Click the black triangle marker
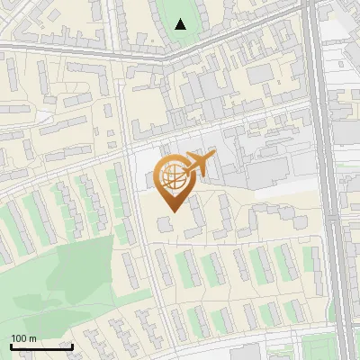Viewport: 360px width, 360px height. pyautogui.click(x=181, y=24)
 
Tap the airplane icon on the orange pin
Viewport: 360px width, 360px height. pyautogui.click(x=198, y=164)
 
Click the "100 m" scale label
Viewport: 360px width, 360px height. pyautogui.click(x=23, y=338)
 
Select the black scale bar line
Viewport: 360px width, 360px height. pyautogui.click(x=41, y=346)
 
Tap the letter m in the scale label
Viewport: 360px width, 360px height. pyautogui.click(x=32, y=338)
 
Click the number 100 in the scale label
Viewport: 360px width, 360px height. pyautogui.click(x=19, y=338)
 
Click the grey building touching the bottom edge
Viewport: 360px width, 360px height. pyautogui.click(x=243, y=353)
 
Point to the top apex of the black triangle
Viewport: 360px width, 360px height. pyautogui.click(x=181, y=19)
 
